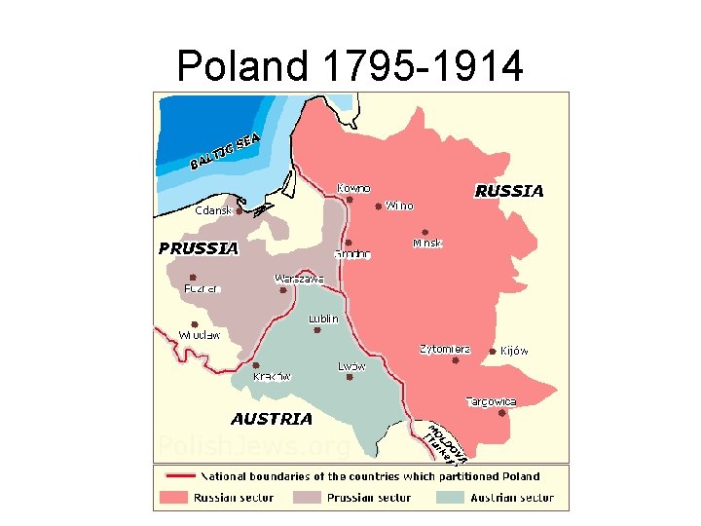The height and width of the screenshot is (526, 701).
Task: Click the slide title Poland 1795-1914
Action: click(x=350, y=66)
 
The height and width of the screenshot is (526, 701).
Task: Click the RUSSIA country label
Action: click(x=508, y=192)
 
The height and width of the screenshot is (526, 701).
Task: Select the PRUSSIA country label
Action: click(x=199, y=248)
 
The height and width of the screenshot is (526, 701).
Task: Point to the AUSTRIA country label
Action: click(x=272, y=419)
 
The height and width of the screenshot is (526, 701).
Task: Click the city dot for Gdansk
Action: click(x=239, y=210)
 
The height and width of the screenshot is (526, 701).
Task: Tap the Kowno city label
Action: click(x=352, y=188)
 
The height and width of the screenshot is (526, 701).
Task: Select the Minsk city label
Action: click(x=427, y=243)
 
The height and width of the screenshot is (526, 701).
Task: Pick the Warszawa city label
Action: click(x=299, y=279)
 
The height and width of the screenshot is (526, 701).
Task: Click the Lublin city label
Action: click(x=323, y=319)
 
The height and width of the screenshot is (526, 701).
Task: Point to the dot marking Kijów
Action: click(x=492, y=352)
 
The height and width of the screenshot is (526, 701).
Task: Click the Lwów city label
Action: click(x=351, y=366)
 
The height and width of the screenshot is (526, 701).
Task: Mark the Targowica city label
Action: click(x=491, y=401)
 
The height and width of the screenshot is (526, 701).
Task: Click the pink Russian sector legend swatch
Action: click(x=172, y=498)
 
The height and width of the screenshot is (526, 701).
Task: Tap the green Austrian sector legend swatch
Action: click(x=450, y=498)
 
